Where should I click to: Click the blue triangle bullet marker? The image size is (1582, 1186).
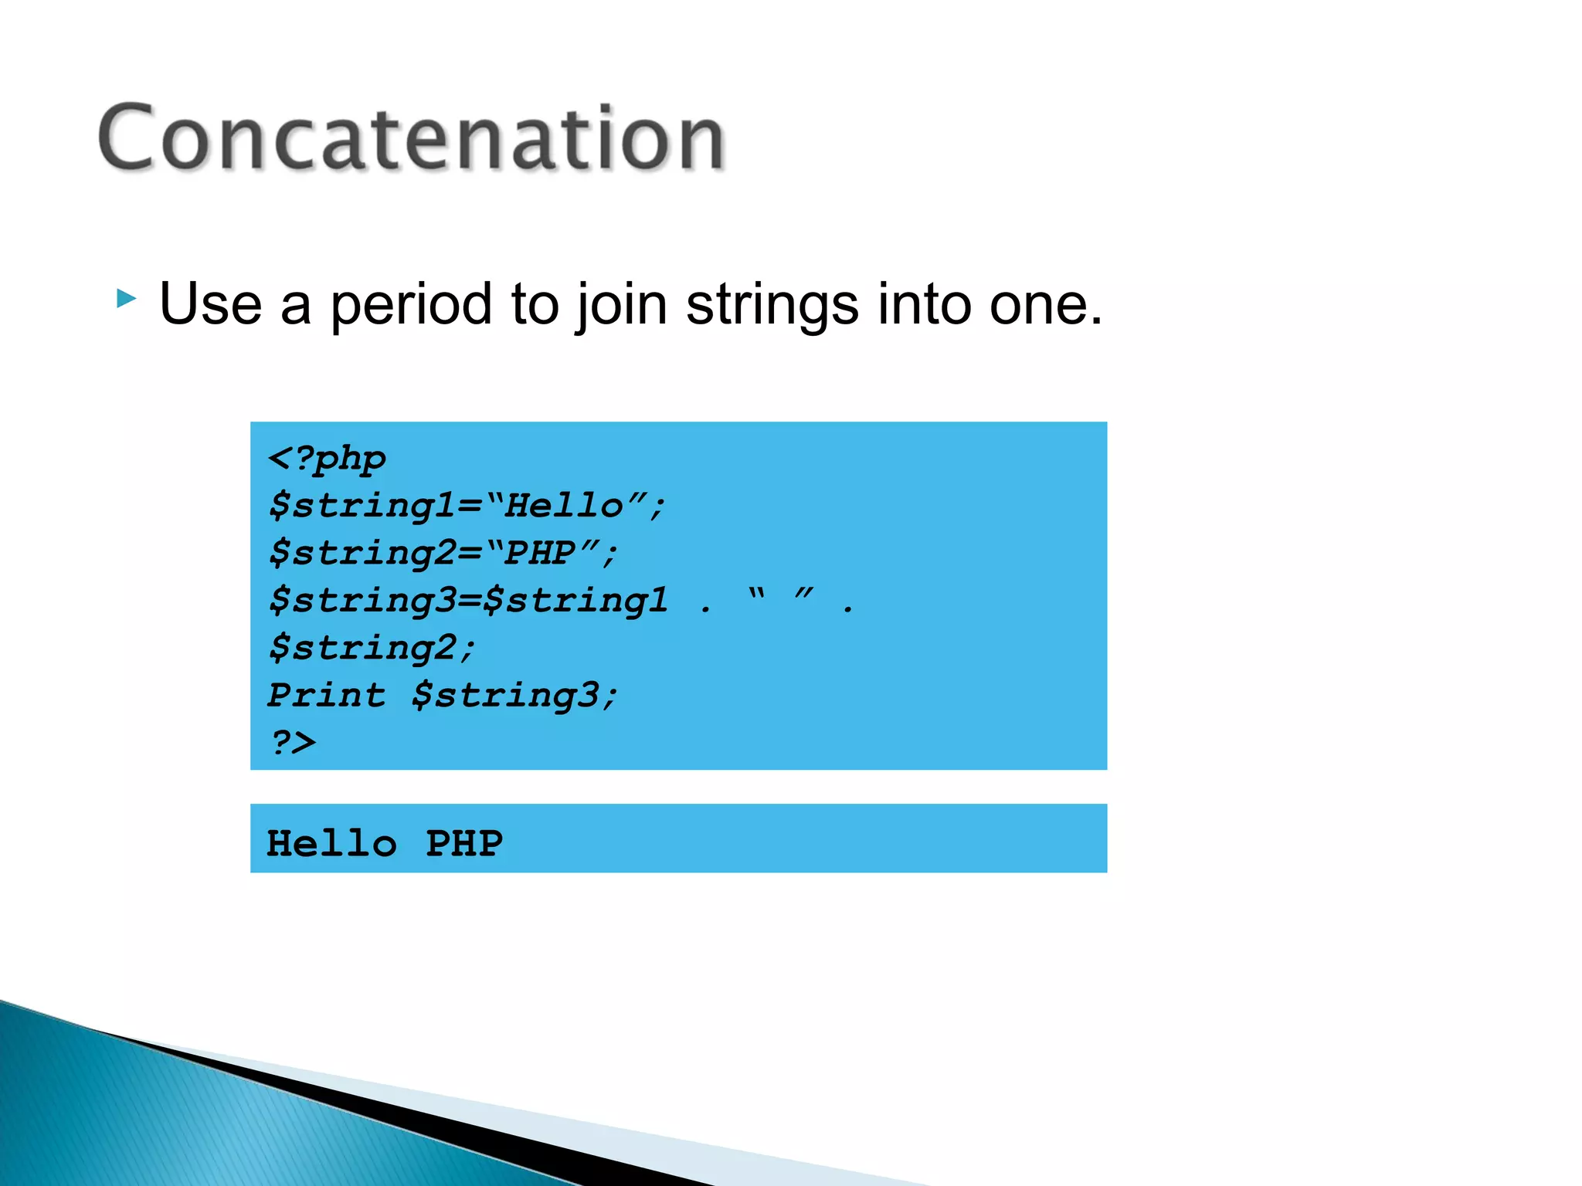pos(127,298)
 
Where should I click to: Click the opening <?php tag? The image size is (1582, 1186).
pos(327,459)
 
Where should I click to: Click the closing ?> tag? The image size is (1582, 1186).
pos(293,742)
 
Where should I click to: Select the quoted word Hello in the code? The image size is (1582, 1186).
pos(565,506)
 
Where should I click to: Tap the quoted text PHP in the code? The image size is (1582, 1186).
pos(541,553)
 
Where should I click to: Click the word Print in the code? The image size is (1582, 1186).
pos(326,695)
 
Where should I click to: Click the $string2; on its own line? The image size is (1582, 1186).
pos(372,648)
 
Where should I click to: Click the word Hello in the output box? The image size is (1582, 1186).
pos(332,843)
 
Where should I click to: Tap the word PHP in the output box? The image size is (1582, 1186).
pos(464,843)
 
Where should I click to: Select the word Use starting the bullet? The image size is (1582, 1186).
pos(210,304)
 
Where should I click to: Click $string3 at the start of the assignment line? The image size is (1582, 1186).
pos(363,601)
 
